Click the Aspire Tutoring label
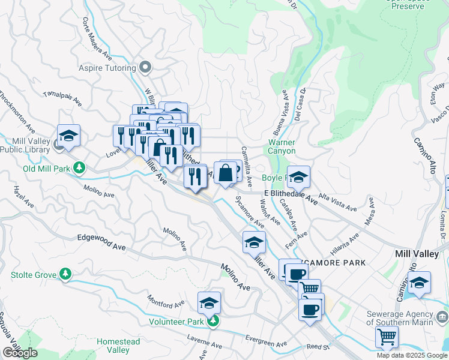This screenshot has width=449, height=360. point(107,68)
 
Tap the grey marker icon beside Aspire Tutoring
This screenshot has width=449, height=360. point(145,67)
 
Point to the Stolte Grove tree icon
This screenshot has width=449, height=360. point(65,275)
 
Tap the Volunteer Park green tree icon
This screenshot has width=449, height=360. point(212,322)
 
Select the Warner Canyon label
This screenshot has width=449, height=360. point(282,147)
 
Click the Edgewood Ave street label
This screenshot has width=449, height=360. point(101,238)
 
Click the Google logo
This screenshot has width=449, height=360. point(20,353)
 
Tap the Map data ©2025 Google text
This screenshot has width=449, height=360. point(412,355)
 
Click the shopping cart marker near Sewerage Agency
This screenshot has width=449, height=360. point(387,337)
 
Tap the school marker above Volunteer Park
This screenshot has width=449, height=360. point(209,302)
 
